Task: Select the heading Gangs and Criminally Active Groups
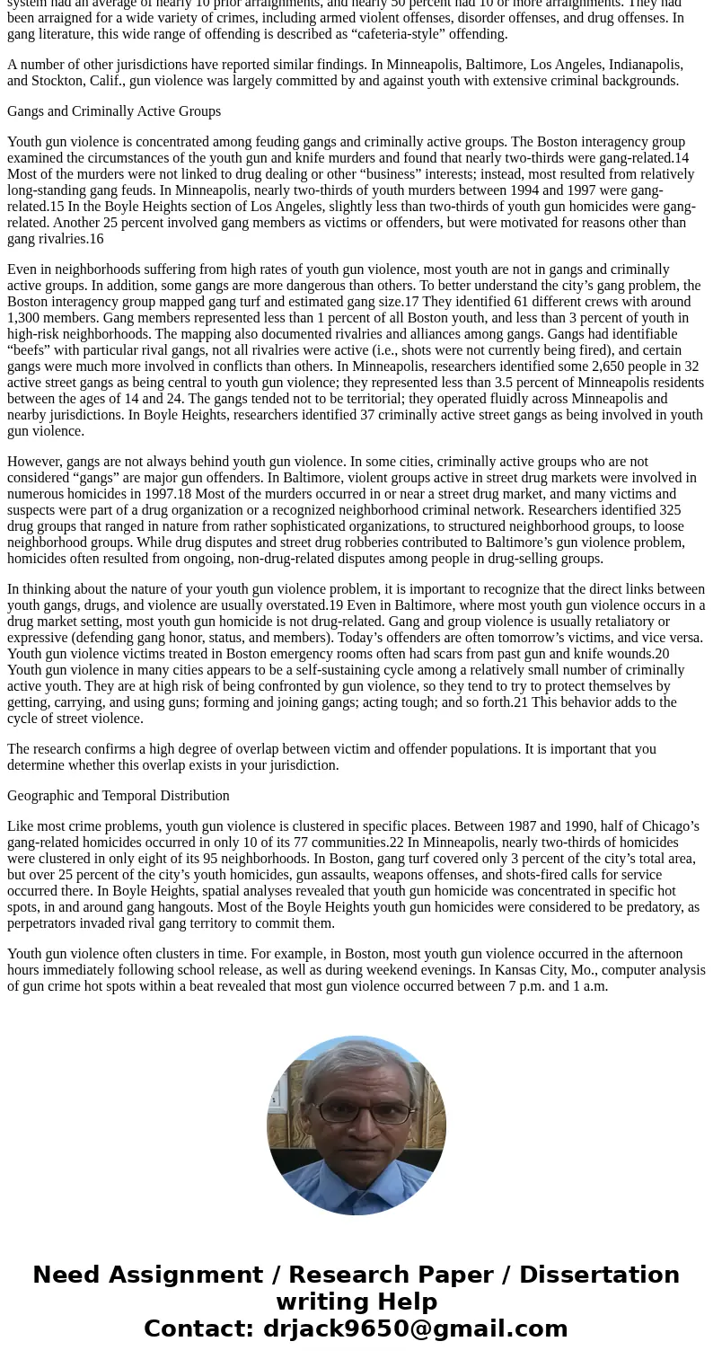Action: tap(114, 111)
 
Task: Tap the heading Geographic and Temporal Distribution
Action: tap(119, 796)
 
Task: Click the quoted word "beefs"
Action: tap(31, 350)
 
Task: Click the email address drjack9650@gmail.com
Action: tap(415, 1329)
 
